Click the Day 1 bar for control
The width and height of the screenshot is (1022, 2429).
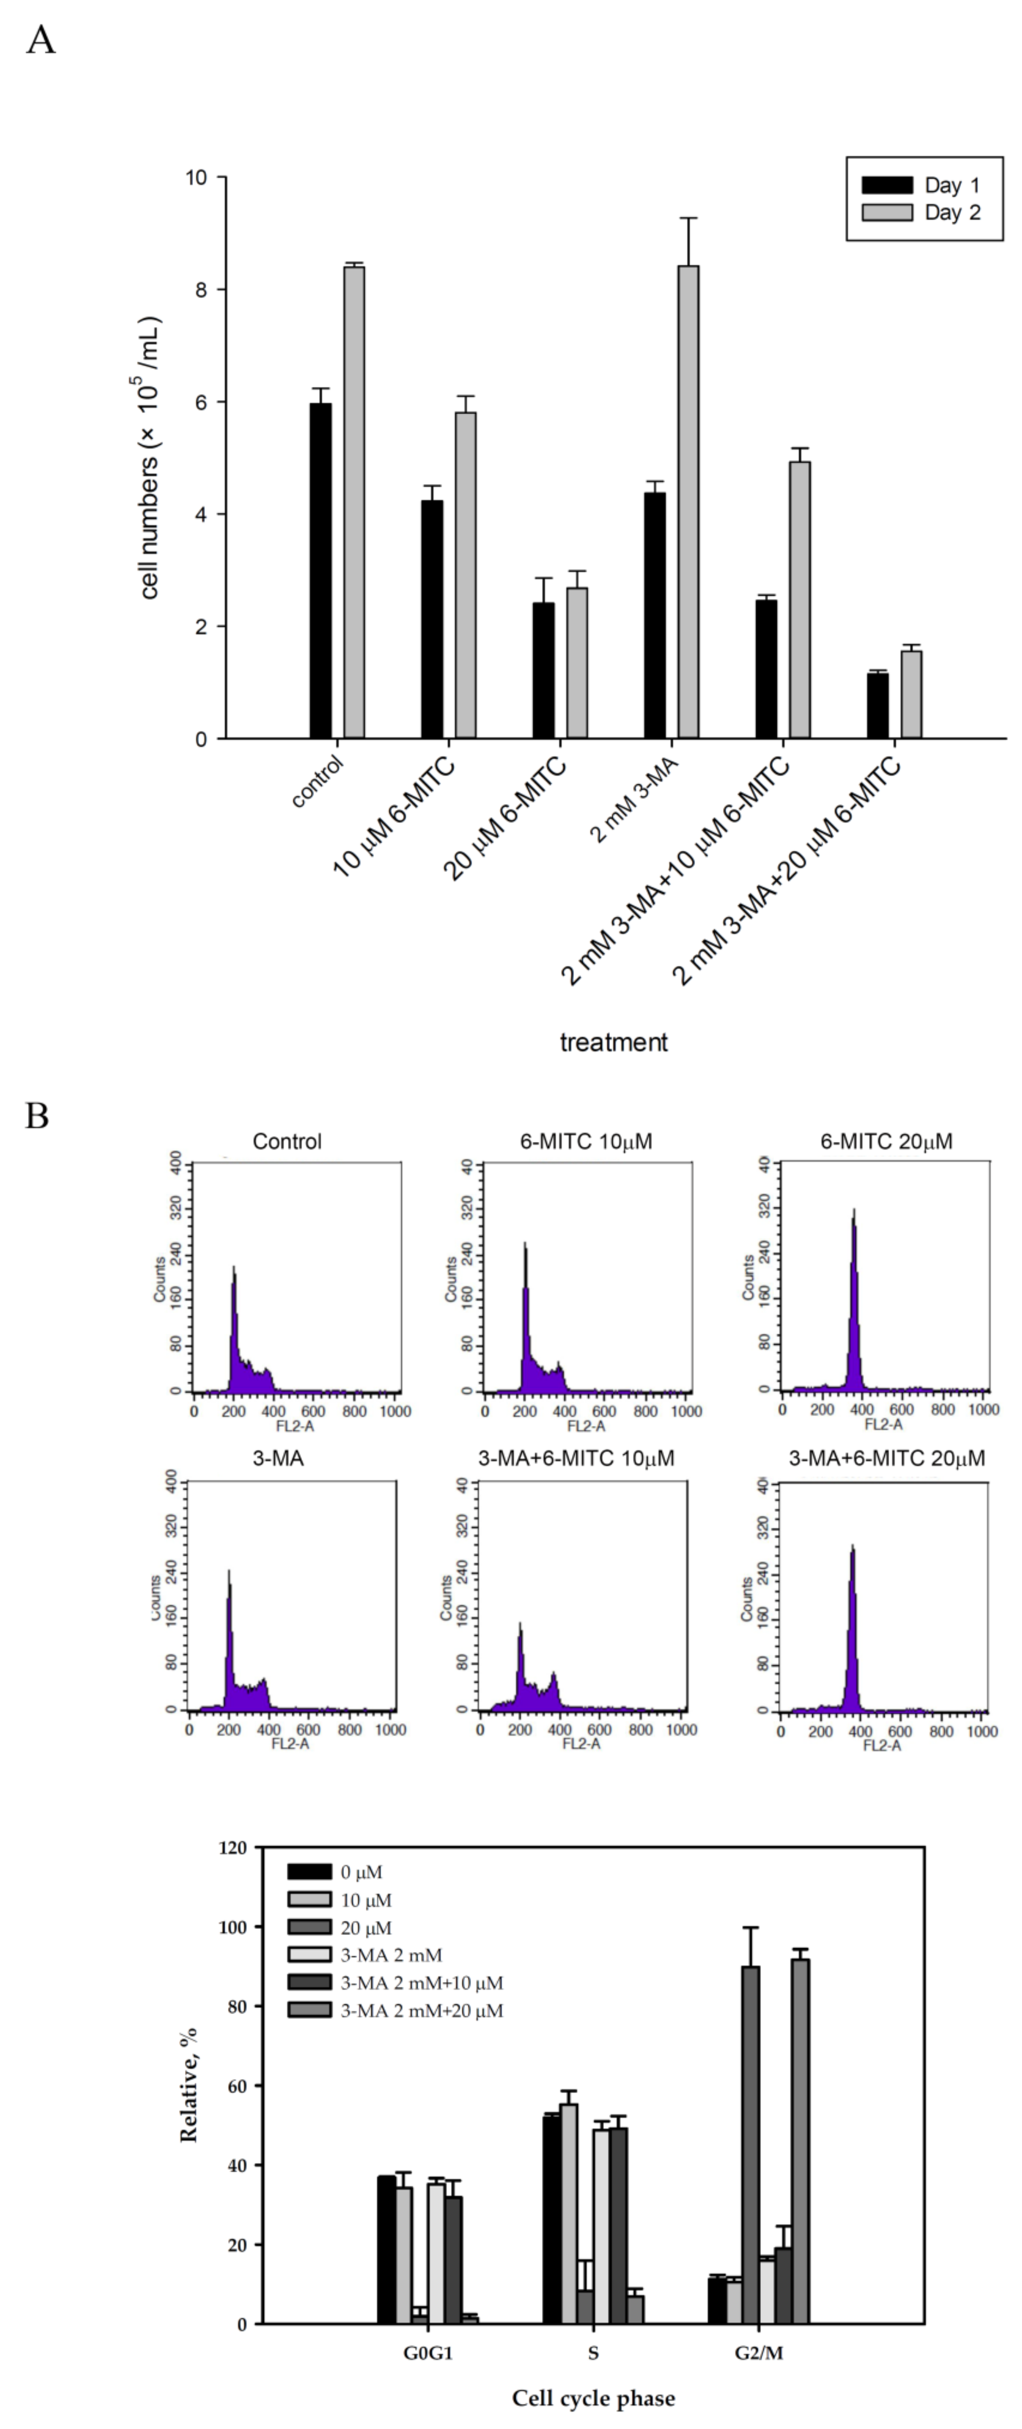[x=321, y=570]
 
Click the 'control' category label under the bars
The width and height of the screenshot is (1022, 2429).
[x=318, y=781]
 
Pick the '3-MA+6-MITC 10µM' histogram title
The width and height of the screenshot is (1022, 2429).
[x=576, y=1459]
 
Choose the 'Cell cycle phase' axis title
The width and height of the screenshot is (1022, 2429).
[x=593, y=2398]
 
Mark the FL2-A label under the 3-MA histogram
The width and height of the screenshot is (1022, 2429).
[x=290, y=1743]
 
